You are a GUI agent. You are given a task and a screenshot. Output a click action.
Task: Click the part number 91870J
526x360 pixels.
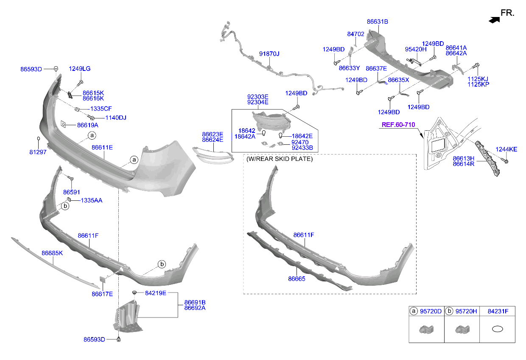point(269,54)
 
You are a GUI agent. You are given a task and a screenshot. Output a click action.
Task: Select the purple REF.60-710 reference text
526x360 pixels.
point(398,125)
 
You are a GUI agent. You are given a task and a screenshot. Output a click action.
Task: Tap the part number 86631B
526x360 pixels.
point(378,21)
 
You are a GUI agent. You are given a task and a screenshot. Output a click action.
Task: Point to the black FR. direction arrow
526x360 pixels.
point(493,19)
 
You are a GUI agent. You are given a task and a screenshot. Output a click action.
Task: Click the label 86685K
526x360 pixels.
point(52,253)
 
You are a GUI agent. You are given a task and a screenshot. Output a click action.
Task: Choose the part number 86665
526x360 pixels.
point(297,279)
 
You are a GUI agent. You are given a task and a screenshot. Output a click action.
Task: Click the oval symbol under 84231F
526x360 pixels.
point(497,329)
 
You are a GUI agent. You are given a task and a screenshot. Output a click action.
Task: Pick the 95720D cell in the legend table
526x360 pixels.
point(431,312)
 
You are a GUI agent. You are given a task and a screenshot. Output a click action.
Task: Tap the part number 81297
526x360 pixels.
point(38,152)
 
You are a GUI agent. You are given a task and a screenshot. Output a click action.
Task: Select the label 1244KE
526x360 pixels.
point(506,149)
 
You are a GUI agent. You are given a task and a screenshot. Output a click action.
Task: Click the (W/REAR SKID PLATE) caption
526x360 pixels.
point(280,159)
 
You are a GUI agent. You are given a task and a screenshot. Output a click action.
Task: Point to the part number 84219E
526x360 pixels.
point(156,293)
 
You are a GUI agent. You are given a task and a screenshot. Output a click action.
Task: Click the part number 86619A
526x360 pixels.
point(87,125)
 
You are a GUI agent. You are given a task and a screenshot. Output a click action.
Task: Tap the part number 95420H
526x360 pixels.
point(416,49)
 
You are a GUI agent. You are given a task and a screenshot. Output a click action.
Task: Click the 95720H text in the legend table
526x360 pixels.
point(466,312)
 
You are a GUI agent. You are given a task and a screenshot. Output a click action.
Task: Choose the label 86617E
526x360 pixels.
point(102,294)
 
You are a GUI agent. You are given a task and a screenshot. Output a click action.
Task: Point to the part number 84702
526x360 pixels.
point(355,34)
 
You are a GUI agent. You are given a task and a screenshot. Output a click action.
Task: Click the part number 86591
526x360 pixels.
point(71,192)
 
